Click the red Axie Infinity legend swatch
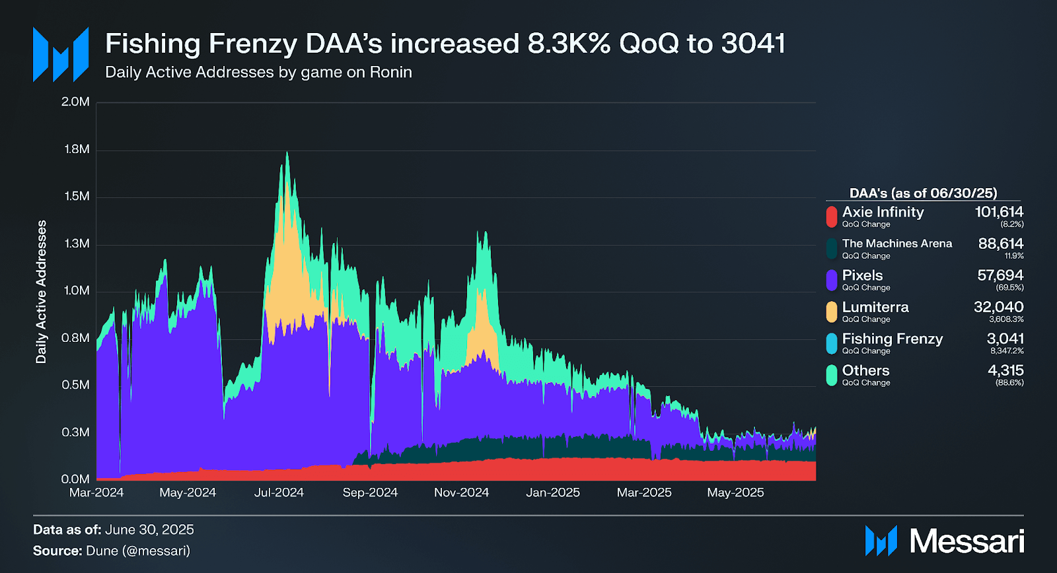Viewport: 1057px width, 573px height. (x=831, y=216)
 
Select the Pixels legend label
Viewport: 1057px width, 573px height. (x=862, y=275)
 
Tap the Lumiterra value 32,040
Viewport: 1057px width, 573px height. (x=998, y=307)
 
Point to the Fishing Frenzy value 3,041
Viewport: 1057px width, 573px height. (x=1005, y=339)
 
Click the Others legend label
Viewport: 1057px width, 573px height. (x=865, y=370)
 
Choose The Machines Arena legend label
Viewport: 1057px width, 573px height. (x=896, y=244)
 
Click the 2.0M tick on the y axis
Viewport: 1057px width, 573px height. (x=75, y=102)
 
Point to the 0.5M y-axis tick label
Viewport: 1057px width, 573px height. (x=75, y=385)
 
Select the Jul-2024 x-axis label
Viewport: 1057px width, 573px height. (x=279, y=492)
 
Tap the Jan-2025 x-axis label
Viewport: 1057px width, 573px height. (x=553, y=492)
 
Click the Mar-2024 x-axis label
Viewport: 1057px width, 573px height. (x=96, y=492)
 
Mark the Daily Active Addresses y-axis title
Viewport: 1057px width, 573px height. (x=42, y=292)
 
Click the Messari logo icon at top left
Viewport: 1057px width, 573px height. (x=61, y=54)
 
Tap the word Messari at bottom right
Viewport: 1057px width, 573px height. (x=966, y=541)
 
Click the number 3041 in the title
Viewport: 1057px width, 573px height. (x=753, y=44)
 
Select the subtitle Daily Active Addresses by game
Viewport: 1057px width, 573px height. (x=258, y=72)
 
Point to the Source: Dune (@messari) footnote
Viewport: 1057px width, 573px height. (x=112, y=551)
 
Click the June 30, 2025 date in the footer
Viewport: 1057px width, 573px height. (x=149, y=529)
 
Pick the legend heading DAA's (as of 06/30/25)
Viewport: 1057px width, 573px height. (x=923, y=193)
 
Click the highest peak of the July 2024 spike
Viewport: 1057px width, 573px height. (x=287, y=153)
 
